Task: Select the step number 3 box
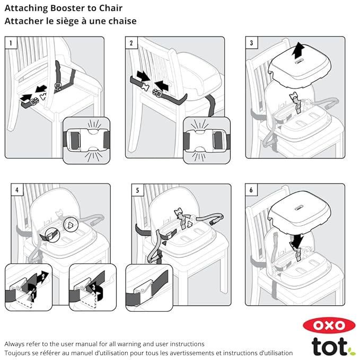pos(251,42)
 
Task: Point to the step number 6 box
pos(251,189)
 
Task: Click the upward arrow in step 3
pos(299,51)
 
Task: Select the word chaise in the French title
pos(119,21)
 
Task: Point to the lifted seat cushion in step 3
pos(300,67)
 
